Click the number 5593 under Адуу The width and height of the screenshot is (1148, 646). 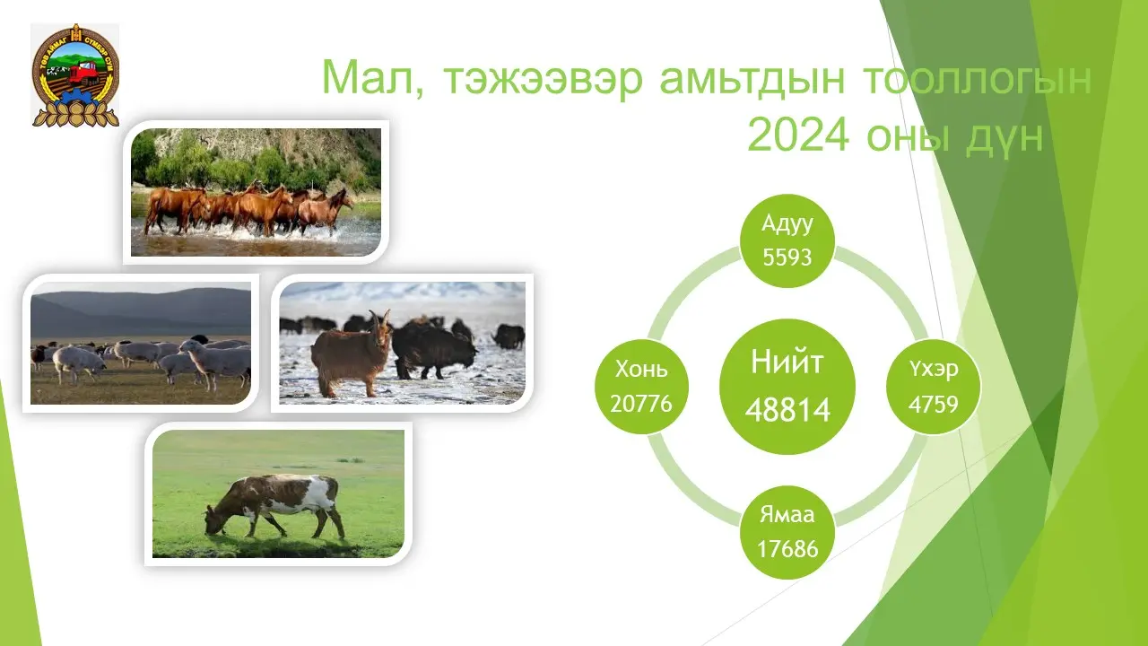(787, 257)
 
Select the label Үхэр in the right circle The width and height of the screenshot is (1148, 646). (934, 369)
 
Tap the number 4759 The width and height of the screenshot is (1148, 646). (934, 404)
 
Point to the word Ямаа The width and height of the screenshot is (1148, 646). (787, 514)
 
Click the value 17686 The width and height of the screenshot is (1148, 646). (787, 548)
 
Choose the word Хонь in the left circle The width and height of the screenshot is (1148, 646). (641, 369)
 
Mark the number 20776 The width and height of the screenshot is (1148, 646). (641, 404)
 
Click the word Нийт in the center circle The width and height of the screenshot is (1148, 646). (787, 362)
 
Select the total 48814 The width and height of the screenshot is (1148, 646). (787, 410)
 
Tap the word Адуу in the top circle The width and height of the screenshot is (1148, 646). (787, 224)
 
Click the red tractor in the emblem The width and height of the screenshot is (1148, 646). (84, 73)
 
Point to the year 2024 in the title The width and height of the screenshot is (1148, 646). (798, 135)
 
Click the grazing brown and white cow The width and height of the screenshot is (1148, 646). (274, 505)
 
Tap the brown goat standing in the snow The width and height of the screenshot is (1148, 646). (352, 354)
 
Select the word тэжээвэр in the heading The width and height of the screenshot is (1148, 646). (544, 80)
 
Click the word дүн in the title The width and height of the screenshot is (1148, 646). (1005, 137)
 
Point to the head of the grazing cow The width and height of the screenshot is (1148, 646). (214, 521)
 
